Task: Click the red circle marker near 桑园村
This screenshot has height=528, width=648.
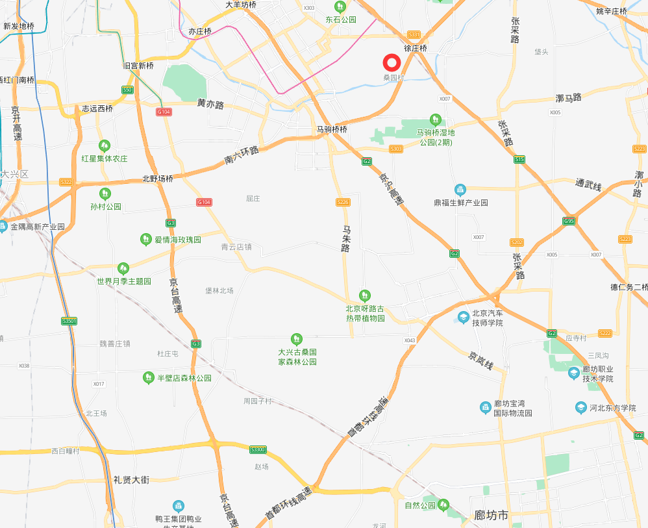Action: click(x=392, y=62)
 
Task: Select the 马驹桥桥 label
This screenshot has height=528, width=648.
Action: click(x=332, y=129)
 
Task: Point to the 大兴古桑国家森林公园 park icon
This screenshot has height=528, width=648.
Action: click(x=297, y=338)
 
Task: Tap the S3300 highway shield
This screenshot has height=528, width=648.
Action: click(x=258, y=449)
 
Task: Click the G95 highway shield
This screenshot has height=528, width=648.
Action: click(x=569, y=221)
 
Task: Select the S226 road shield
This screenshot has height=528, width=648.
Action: click(x=343, y=203)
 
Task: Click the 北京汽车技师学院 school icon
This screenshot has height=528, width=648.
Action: click(x=464, y=317)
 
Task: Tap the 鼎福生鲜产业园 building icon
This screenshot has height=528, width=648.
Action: click(x=460, y=190)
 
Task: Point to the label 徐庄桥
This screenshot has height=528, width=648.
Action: click(x=416, y=48)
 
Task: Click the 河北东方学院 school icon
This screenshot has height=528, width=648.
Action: click(x=581, y=407)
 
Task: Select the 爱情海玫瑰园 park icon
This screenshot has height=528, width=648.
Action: click(x=146, y=240)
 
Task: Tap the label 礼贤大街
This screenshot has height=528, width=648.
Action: click(x=131, y=480)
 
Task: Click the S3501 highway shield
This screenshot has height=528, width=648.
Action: click(x=69, y=321)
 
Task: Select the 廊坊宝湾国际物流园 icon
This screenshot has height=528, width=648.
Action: click(x=486, y=407)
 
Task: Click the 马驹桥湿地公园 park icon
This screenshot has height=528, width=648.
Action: click(x=436, y=119)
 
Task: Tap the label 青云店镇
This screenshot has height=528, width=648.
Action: click(x=236, y=247)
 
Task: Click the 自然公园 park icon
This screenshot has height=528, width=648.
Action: click(x=444, y=504)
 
